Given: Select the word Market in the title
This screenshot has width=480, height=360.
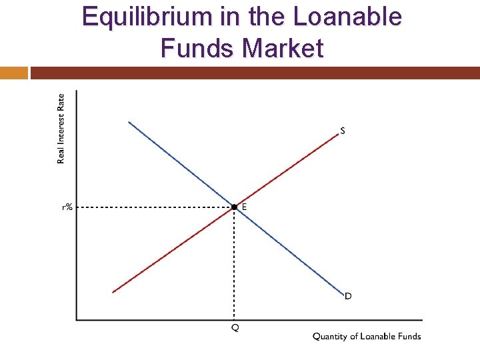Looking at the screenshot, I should pyautogui.click(x=283, y=49).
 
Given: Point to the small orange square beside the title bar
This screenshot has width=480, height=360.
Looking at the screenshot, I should pyautogui.click(x=14, y=73).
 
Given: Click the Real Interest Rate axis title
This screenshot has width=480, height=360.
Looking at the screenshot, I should pyautogui.click(x=61, y=128).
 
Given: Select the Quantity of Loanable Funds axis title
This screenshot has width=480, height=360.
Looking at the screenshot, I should pyautogui.click(x=367, y=336).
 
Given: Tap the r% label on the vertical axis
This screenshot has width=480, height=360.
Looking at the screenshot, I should pyautogui.click(x=67, y=207).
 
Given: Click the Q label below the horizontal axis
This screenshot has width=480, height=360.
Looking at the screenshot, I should pyautogui.click(x=235, y=328).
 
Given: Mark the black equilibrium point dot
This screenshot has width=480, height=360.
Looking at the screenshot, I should pyautogui.click(x=234, y=207).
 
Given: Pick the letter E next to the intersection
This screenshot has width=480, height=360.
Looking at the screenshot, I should pyautogui.click(x=244, y=207).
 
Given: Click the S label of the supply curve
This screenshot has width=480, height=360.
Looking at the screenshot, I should pyautogui.click(x=343, y=131).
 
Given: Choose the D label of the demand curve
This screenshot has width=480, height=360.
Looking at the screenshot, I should pyautogui.click(x=348, y=296).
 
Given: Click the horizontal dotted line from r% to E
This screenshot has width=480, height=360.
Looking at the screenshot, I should pyautogui.click(x=153, y=207).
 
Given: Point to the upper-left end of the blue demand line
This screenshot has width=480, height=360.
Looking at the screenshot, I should pyautogui.click(x=129, y=122).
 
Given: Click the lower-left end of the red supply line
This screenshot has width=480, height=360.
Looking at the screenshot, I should pyautogui.click(x=113, y=292).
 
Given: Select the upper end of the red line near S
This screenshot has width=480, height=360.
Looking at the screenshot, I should pyautogui.click(x=338, y=134).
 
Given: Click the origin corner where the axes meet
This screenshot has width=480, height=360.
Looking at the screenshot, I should pyautogui.click(x=76, y=319).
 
